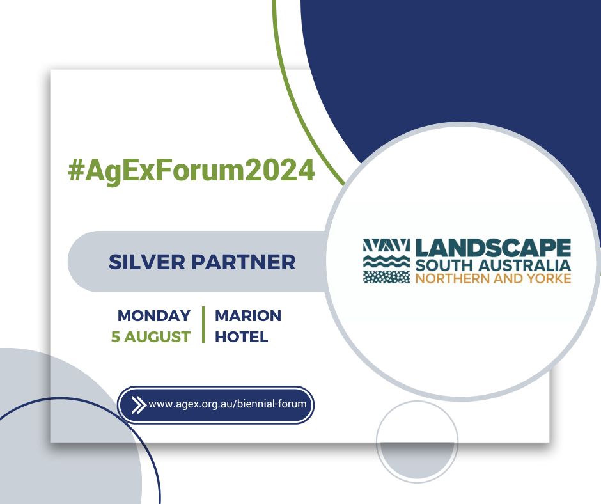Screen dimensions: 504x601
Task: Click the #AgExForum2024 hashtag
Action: coord(191,171)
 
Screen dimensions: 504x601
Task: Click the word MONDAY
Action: coord(154,316)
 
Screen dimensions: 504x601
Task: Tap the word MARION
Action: coord(248,316)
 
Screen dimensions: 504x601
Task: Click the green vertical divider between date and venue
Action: coord(203,325)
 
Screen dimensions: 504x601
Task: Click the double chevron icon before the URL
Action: coord(137,405)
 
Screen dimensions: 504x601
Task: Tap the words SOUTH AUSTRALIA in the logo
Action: coord(492,265)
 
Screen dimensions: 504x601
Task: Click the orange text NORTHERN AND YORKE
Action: coord(492,278)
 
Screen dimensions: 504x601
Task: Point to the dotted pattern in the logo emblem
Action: coord(386,276)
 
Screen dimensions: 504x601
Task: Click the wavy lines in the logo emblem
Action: coord(386,261)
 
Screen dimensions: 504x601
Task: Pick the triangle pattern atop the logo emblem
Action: coord(386,246)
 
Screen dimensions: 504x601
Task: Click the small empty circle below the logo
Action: coord(417,442)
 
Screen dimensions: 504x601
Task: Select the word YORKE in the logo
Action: coord(551,278)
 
